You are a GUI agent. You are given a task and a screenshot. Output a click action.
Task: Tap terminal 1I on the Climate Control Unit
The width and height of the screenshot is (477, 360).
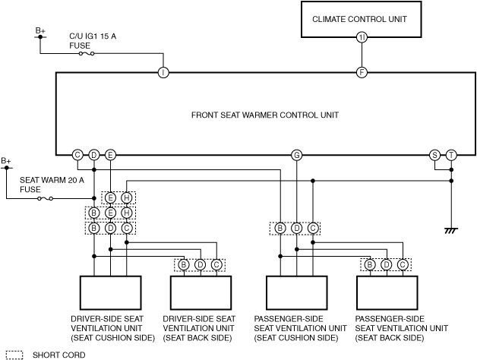(362, 37)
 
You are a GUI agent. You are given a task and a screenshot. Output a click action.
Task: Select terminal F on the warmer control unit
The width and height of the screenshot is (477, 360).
(362, 72)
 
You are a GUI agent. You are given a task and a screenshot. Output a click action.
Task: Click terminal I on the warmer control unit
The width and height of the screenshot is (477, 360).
(163, 72)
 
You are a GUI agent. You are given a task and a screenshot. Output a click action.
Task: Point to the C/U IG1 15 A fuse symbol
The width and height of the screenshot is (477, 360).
(87, 54)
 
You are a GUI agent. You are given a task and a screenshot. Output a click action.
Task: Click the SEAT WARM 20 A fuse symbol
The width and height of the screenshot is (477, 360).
(45, 199)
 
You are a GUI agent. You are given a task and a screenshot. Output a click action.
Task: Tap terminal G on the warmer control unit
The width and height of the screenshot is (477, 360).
(296, 155)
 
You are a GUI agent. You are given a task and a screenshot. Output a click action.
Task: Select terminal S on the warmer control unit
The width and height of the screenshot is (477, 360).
(434, 155)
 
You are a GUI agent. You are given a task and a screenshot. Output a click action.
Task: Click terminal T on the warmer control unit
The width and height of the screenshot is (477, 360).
(451, 155)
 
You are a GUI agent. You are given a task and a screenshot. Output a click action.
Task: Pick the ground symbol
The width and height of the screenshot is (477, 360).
(451, 230)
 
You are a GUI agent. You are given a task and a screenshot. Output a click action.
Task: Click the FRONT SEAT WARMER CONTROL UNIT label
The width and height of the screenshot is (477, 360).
(265, 115)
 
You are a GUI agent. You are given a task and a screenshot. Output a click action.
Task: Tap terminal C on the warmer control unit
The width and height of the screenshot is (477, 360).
(77, 155)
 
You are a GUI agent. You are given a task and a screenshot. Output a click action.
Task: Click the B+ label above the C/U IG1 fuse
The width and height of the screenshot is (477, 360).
(40, 30)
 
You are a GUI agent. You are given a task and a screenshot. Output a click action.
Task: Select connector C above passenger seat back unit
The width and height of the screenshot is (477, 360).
(403, 265)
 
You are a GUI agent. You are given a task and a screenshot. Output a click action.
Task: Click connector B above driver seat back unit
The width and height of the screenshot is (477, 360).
(184, 265)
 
